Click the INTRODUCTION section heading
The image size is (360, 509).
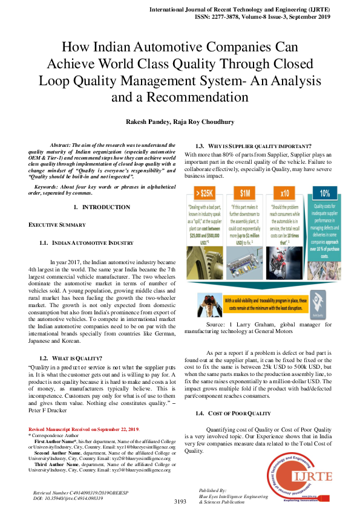tap(106, 207)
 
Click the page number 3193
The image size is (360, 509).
tap(180, 501)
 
